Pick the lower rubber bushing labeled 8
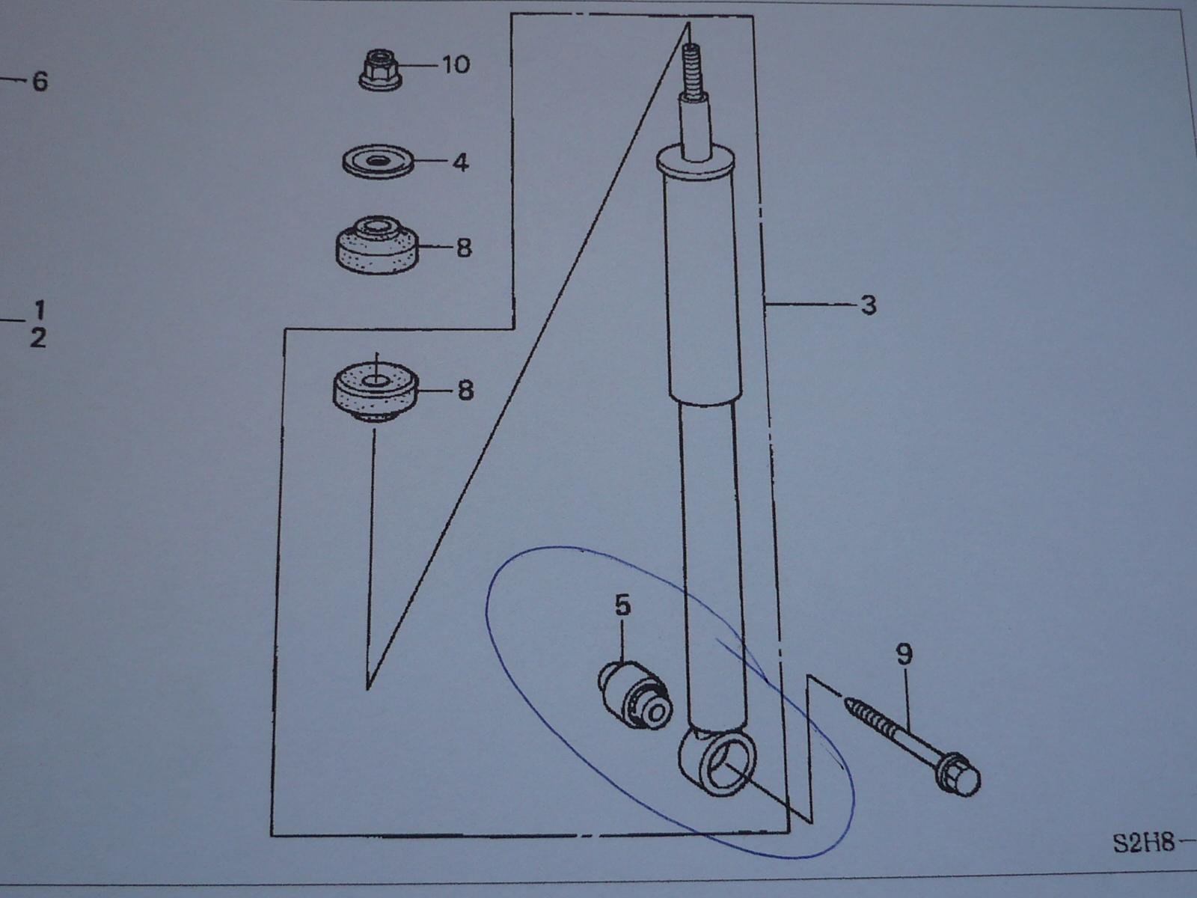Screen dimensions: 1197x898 click(376, 391)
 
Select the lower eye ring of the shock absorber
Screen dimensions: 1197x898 click(717, 763)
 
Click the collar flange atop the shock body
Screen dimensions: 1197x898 click(695, 164)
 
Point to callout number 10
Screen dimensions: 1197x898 click(456, 64)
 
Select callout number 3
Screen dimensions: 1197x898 click(869, 305)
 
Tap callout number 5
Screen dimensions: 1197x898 click(622, 605)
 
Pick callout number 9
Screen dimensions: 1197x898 click(904, 654)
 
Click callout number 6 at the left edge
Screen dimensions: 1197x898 click(40, 82)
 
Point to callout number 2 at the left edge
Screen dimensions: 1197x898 click(37, 338)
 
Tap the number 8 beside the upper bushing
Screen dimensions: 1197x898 click(464, 248)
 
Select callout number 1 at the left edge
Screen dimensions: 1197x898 click(39, 311)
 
